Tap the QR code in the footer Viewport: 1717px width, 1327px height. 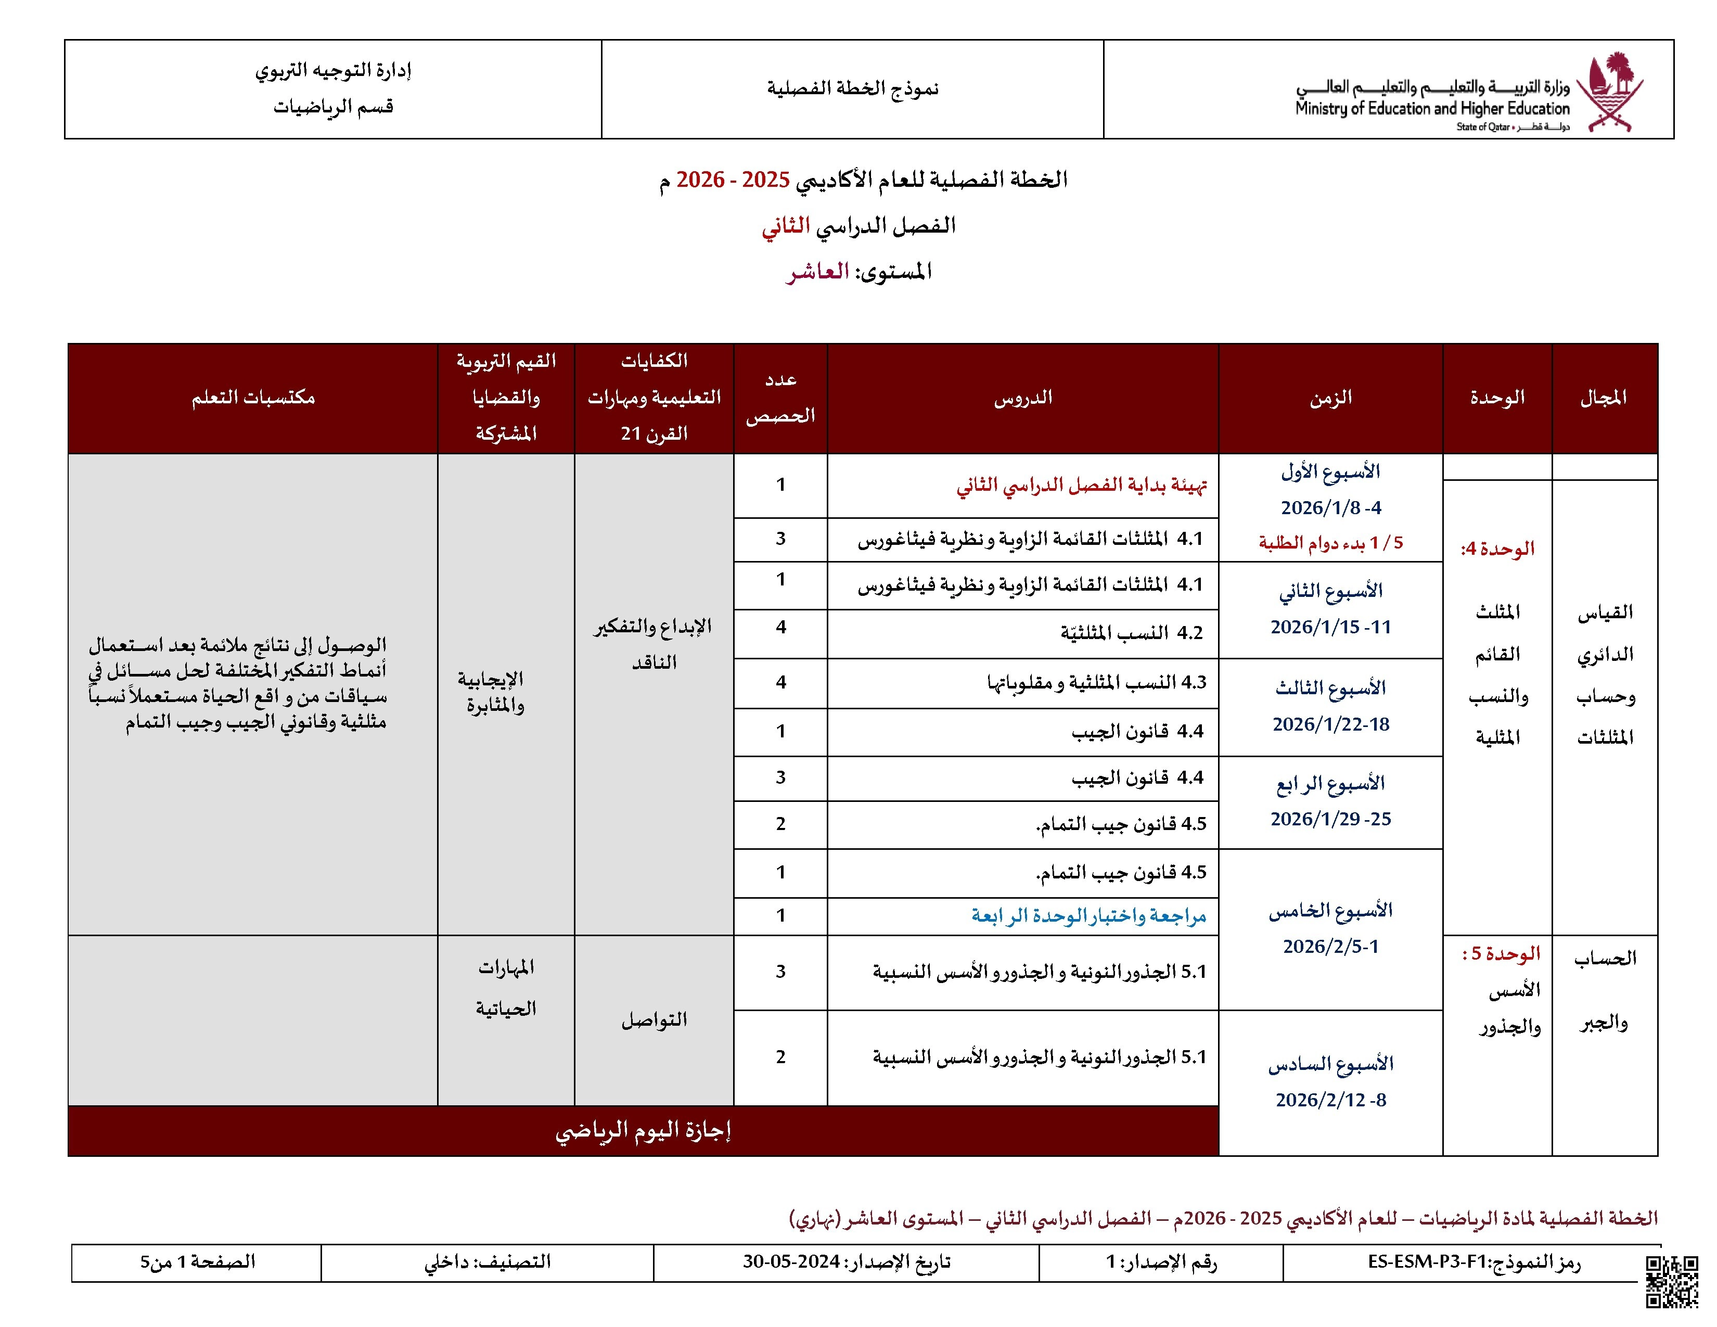(x=1671, y=1281)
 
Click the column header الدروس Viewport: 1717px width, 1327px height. (x=1022, y=398)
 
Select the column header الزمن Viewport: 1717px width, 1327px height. (x=1330, y=398)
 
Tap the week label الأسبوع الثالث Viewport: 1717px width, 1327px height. (x=1330, y=688)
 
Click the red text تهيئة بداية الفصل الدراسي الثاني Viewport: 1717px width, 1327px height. (x=1081, y=485)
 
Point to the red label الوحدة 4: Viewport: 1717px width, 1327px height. (x=1497, y=548)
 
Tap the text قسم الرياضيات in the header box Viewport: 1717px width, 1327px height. (x=334, y=107)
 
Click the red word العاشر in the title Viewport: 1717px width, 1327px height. (x=817, y=272)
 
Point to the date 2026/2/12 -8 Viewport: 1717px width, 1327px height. (x=1330, y=1100)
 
